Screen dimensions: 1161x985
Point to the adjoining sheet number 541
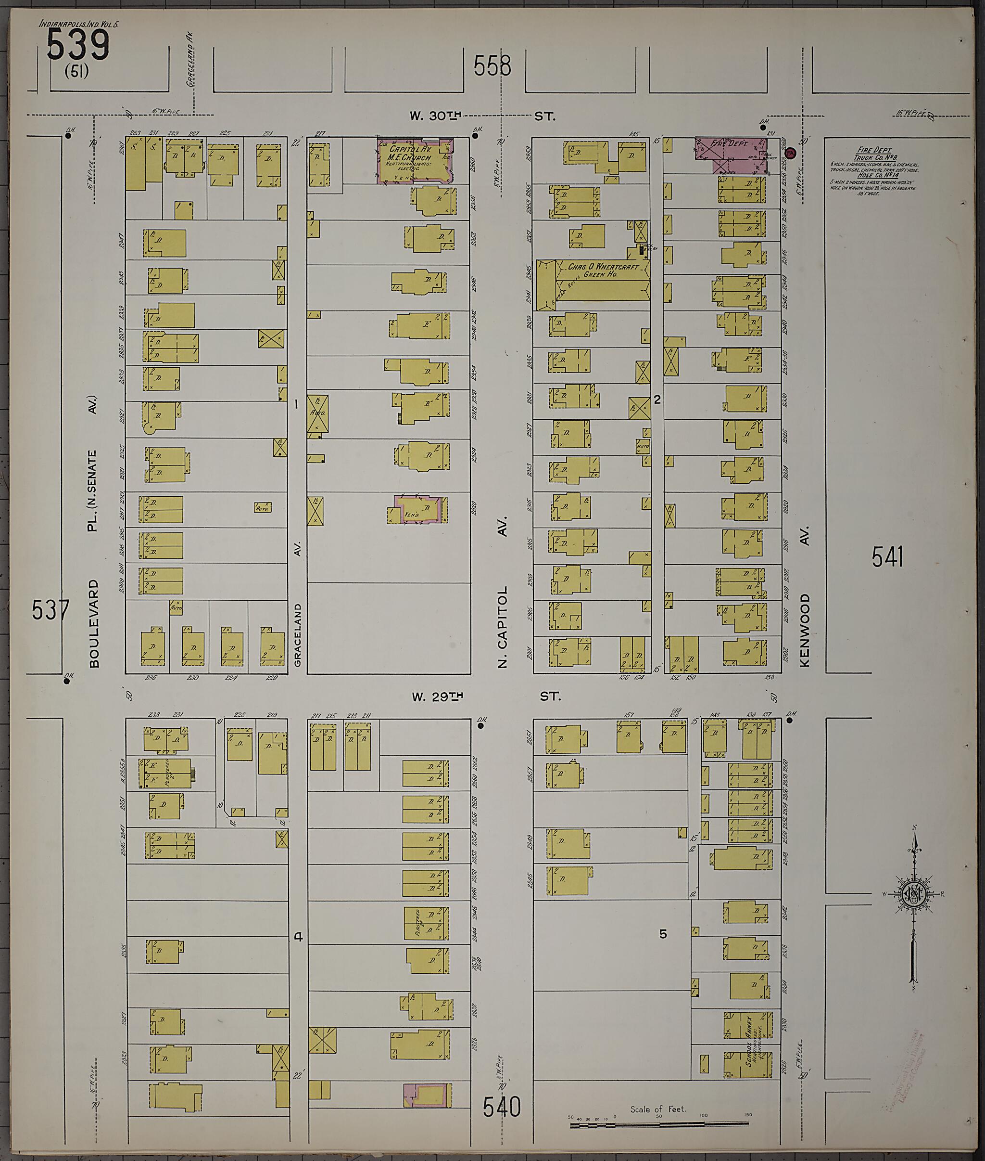click(x=887, y=557)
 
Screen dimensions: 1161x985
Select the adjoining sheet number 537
click(x=50, y=609)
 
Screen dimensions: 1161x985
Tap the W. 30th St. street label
click(x=482, y=116)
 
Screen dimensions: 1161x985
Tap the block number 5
click(x=663, y=934)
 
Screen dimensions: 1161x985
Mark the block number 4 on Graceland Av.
click(x=298, y=937)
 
